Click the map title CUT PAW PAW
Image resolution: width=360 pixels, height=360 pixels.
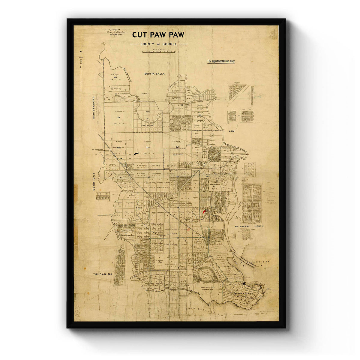[x=158, y=35]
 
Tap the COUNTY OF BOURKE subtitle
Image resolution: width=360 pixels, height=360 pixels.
[x=159, y=44]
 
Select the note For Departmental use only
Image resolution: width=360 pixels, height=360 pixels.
[x=221, y=61]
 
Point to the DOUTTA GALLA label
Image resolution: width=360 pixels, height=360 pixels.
[x=154, y=73]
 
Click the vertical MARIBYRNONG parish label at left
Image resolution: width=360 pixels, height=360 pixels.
[x=94, y=108]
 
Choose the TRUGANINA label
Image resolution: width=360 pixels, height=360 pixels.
[x=102, y=274]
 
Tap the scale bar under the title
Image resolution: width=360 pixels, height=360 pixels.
[x=158, y=52]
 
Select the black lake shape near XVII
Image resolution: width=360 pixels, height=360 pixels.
[x=136, y=154]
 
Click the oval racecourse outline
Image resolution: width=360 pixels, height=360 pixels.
[x=205, y=273]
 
